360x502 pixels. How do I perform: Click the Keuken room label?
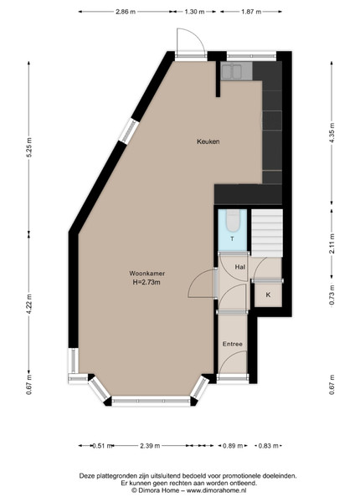tap(208, 141)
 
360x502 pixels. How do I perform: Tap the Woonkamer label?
tap(147, 274)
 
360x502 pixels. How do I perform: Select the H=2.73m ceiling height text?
tap(147, 283)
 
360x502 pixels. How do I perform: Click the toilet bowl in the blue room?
tap(232, 221)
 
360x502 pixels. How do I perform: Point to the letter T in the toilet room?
tap(232, 238)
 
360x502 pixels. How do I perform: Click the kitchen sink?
tap(232, 71)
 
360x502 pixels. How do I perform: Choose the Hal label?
tap(240, 267)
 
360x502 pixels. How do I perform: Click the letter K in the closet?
tap(268, 295)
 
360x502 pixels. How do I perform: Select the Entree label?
tap(233, 344)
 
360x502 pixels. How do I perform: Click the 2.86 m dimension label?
tap(126, 12)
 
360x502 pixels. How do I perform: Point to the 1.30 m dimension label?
tap(194, 12)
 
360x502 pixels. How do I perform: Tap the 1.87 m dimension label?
tap(251, 12)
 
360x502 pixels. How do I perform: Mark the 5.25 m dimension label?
tap(29, 147)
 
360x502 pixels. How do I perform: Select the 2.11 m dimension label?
tap(332, 244)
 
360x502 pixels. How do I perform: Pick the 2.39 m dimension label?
tap(150, 446)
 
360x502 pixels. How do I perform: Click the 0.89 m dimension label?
tap(233, 446)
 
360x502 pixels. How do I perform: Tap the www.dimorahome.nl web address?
tap(217, 490)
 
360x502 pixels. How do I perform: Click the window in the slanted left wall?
tap(129, 131)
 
